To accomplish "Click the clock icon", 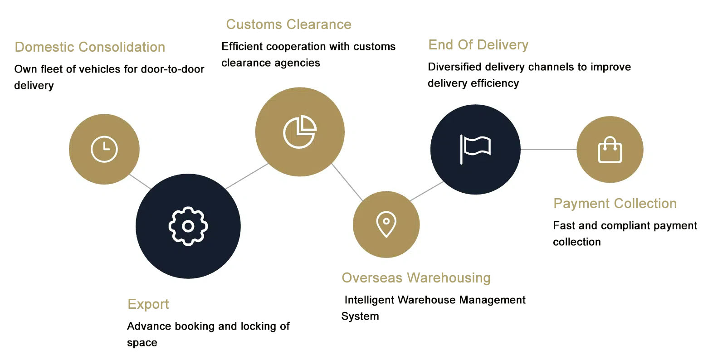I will [104, 149].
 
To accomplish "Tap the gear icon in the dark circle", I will [188, 226].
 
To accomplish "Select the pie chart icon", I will [300, 132].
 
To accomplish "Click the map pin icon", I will [386, 224].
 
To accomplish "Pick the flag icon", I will [475, 149].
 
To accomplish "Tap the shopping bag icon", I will [610, 150].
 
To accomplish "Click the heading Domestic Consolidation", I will [90, 47].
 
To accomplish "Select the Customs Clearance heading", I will [288, 24].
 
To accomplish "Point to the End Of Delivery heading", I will [478, 45].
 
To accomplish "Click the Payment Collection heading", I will [615, 204].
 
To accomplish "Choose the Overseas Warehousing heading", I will [416, 278].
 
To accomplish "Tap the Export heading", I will [148, 304].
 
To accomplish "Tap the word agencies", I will [298, 63].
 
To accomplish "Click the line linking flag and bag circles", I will [548, 149].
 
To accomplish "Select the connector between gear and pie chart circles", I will [247, 176].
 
